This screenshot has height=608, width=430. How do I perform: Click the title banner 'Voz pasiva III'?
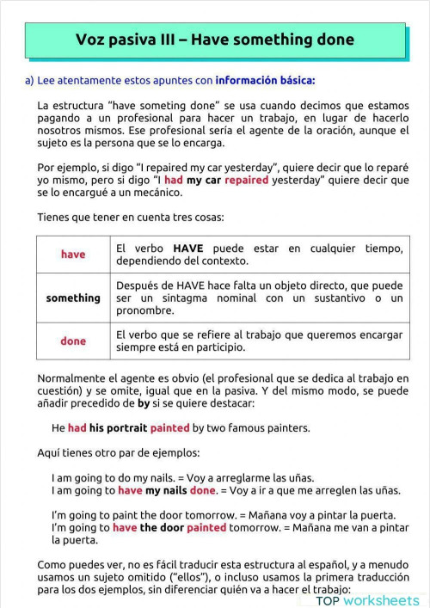pos(215,40)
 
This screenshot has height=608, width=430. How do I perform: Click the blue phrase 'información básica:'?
pos(265,81)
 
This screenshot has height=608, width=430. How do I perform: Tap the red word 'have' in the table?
pos(73,255)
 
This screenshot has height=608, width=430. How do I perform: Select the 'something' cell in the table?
pos(73,298)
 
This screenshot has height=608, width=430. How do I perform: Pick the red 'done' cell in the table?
pos(73,341)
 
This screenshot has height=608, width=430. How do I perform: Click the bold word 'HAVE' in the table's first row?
pos(187,248)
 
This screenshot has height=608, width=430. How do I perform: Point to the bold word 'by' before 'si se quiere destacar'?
pos(144,402)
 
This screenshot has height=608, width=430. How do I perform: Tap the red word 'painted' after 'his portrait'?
pos(169,427)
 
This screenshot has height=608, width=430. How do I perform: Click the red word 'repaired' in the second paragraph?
pos(249,181)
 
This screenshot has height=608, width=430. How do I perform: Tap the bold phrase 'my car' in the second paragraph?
pos(206,181)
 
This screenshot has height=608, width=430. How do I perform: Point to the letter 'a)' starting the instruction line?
pos(29,81)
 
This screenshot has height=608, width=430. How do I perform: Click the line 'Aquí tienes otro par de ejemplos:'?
pos(118,452)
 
